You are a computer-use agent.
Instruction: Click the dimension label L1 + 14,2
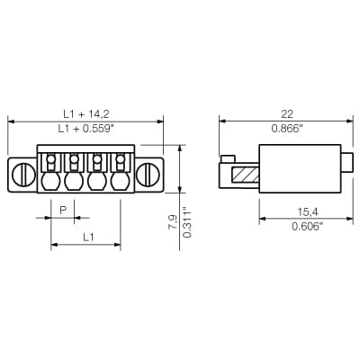[x=86, y=114]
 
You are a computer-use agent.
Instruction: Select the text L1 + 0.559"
[x=86, y=129]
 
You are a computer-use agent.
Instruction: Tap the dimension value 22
[x=287, y=114]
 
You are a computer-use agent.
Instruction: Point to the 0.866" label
[x=287, y=129]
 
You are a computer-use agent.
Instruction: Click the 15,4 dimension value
[x=308, y=212]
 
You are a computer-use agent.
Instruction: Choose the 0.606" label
[x=308, y=227]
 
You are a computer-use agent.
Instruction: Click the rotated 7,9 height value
[x=173, y=222]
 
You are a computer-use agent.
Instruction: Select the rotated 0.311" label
[x=187, y=222]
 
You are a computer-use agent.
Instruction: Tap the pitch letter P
[x=63, y=210]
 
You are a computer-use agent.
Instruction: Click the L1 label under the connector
[x=88, y=238]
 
